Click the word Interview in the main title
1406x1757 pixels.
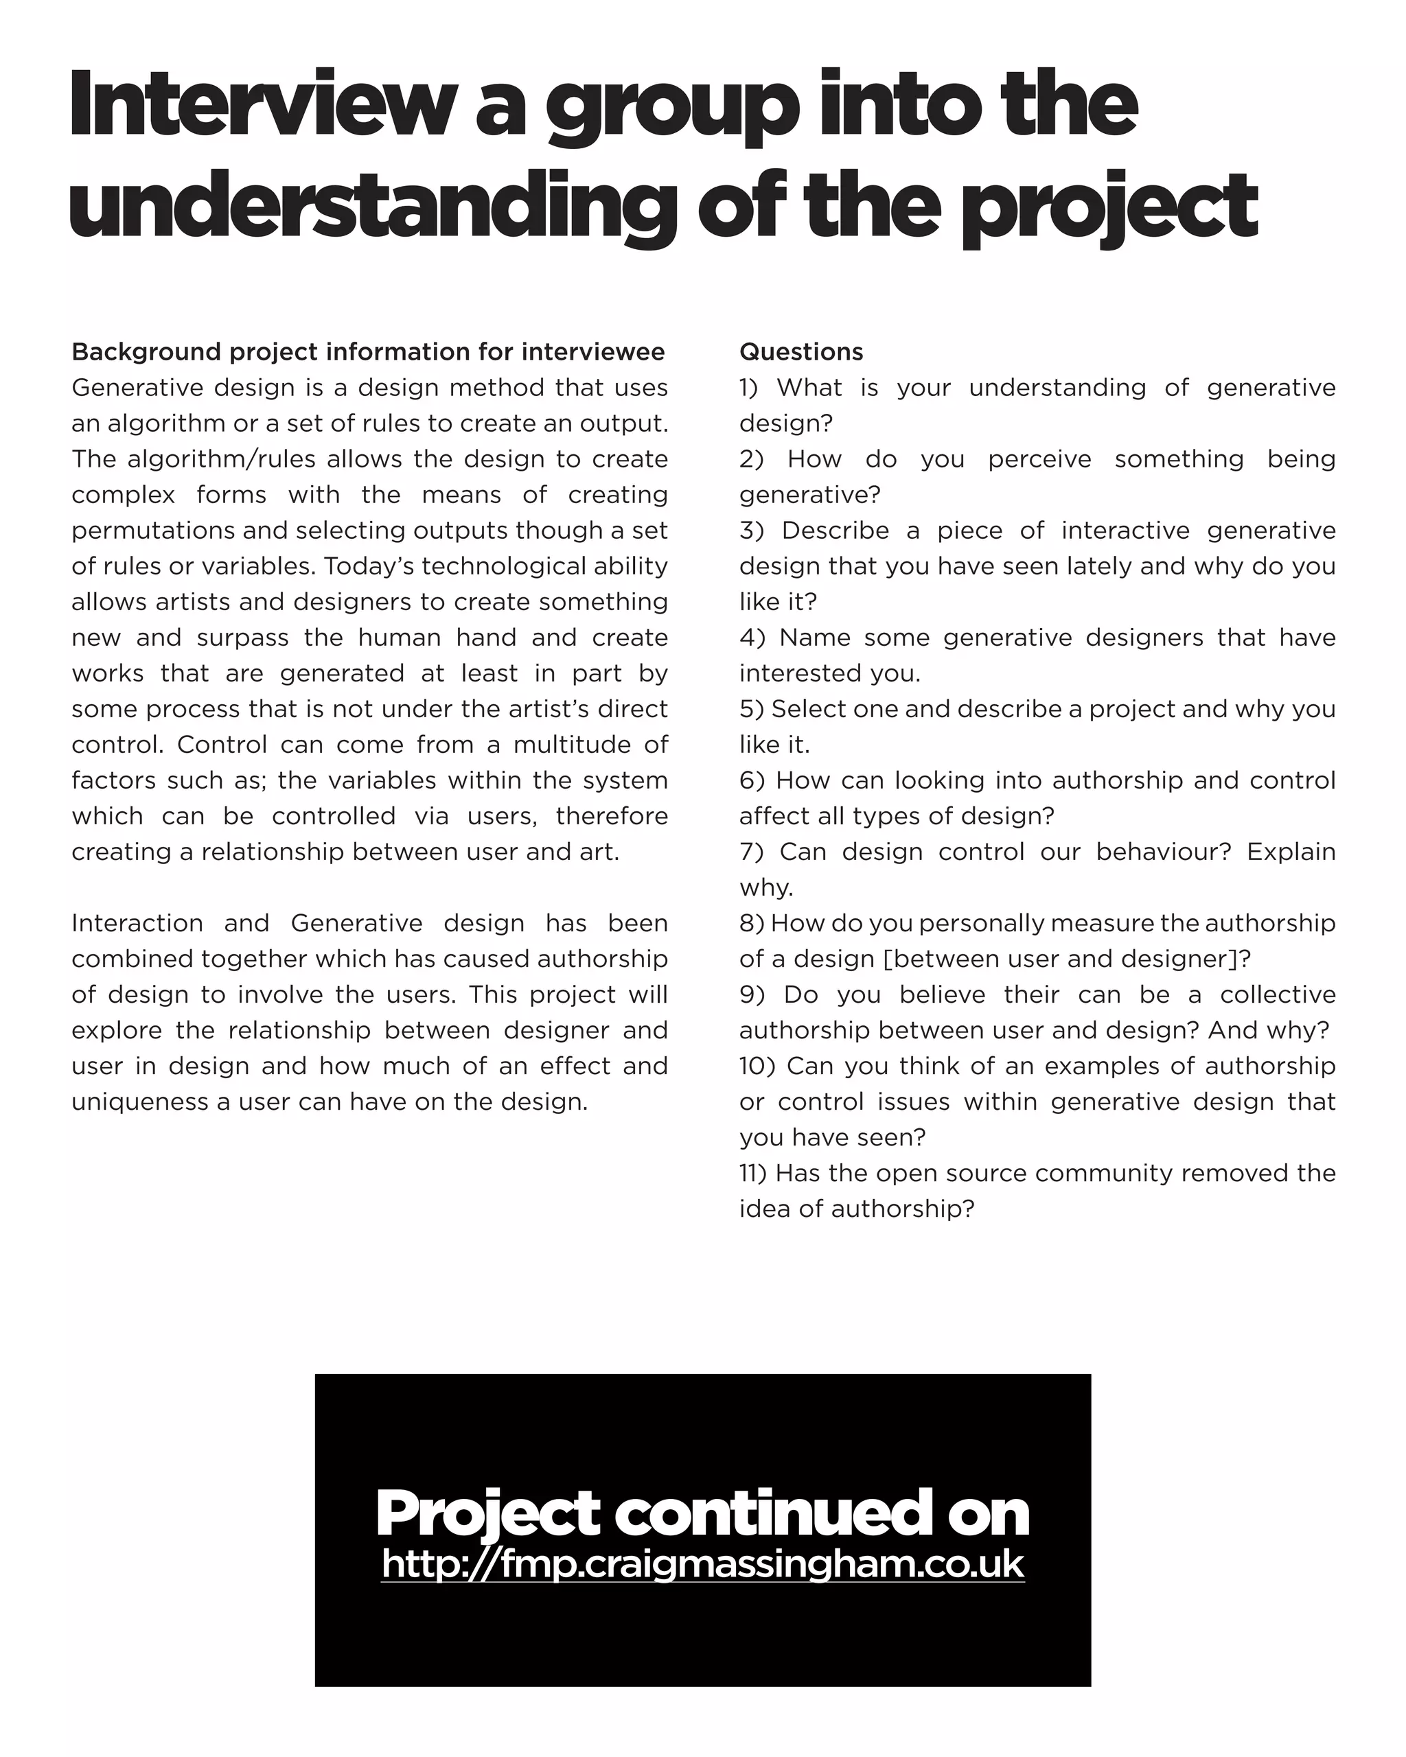tap(262, 106)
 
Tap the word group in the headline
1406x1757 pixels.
tap(671, 110)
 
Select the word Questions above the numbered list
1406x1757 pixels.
tap(800, 352)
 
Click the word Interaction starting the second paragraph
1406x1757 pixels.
tap(137, 923)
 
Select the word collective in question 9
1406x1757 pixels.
tap(1277, 995)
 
